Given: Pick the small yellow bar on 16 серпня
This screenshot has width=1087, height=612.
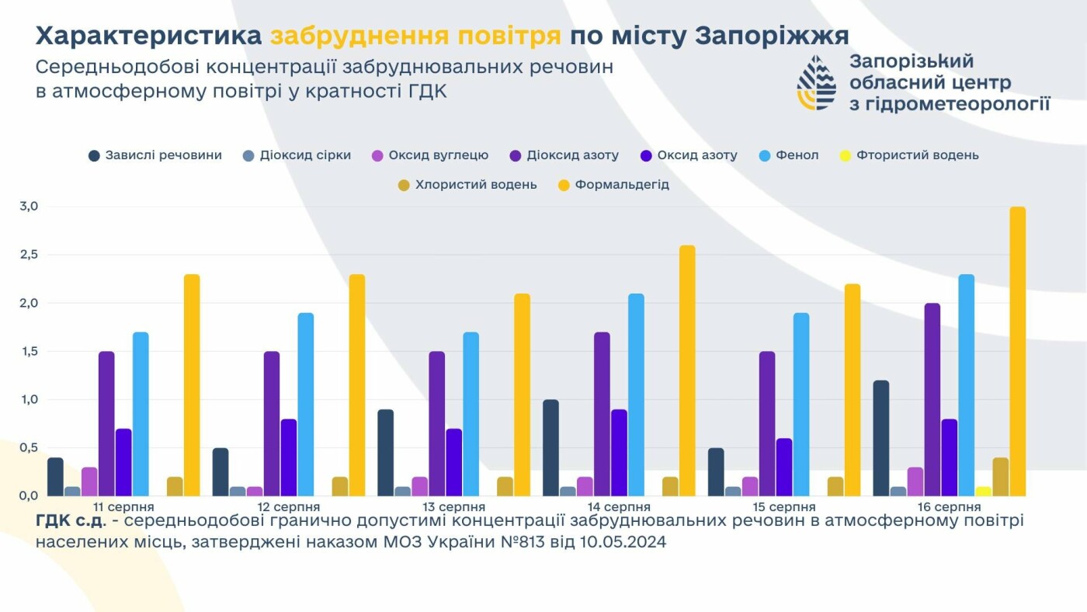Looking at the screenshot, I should coord(983,491).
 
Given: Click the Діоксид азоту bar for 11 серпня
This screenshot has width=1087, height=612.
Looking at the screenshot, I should coord(106,423).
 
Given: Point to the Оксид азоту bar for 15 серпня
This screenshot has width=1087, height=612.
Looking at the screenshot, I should coord(784,467).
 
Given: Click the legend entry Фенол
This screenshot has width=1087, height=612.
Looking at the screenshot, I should coord(789,155).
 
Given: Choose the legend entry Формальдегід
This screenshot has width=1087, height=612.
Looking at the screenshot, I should coord(613,186).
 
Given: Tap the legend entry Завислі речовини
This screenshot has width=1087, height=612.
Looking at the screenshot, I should coord(155,155).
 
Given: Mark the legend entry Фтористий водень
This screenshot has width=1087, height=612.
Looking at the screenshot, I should coord(908,155).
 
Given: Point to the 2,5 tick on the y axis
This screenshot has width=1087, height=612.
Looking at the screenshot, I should coord(29,255).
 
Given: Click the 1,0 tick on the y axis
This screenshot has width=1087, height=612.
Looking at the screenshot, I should coord(29,399).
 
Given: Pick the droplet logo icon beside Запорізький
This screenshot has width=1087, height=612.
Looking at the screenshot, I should coord(816,82).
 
